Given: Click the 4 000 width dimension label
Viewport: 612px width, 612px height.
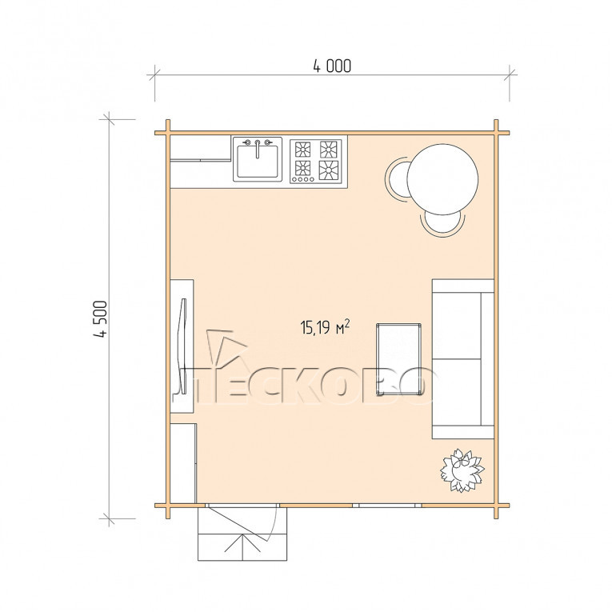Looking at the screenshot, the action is click(x=332, y=66).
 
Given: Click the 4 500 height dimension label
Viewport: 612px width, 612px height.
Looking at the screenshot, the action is click(x=100, y=319).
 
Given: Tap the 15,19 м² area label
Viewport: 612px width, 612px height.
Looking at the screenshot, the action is click(x=325, y=327).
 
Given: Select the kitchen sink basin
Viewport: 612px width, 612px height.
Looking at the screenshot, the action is click(x=258, y=161).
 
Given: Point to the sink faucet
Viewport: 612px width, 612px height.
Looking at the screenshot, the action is click(x=258, y=148).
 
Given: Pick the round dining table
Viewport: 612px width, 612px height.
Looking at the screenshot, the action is click(x=442, y=179).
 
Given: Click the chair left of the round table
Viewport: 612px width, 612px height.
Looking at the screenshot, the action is click(x=395, y=179).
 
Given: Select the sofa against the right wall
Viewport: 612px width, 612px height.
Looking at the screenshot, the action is click(x=463, y=359).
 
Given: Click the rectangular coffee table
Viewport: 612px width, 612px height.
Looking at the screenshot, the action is click(x=398, y=359).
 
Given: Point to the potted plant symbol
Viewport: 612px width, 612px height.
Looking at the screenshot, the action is click(x=462, y=470).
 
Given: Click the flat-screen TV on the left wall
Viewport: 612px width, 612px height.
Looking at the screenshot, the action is click(x=182, y=346).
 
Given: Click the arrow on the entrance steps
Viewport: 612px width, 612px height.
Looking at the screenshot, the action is click(x=242, y=545).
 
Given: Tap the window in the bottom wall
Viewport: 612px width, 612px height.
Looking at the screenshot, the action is click(x=387, y=505).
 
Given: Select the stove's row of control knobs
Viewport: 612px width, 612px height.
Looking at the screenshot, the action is click(x=303, y=179).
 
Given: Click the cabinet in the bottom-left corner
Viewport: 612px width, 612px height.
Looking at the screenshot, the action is click(x=183, y=463).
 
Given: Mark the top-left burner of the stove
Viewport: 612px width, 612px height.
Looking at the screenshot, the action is click(x=303, y=149).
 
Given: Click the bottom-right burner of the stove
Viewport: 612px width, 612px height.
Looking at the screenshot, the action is click(x=329, y=170).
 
